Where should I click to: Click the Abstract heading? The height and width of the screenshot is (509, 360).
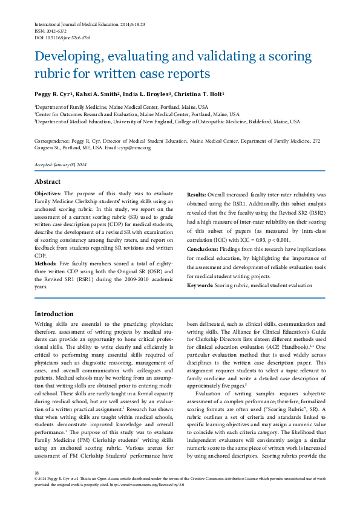coord(47,182)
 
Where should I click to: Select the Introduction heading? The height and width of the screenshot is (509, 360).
coord(54,314)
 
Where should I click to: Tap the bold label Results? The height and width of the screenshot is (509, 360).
coord(197,195)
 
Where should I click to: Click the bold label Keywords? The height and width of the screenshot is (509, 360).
coord(200,284)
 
